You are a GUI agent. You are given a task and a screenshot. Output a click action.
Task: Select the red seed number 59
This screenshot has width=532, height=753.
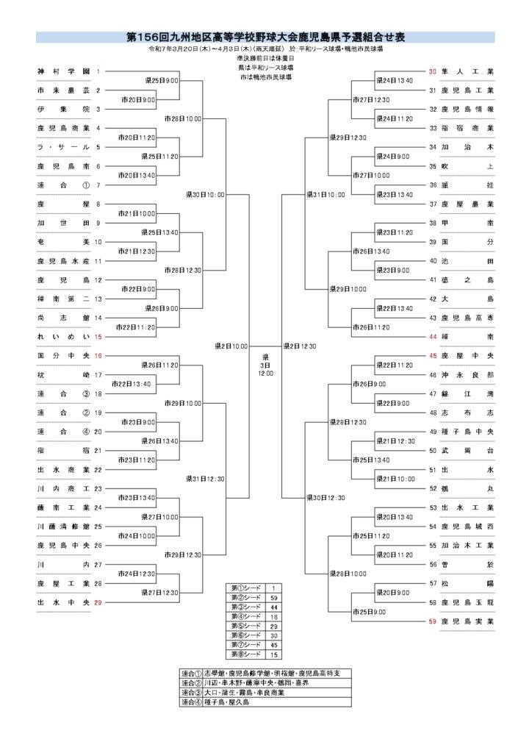pos(432,621)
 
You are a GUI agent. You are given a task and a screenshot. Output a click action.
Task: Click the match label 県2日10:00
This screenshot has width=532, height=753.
pos(231,345)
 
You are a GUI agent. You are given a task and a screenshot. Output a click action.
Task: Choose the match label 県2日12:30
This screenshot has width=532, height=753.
pos(299,345)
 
